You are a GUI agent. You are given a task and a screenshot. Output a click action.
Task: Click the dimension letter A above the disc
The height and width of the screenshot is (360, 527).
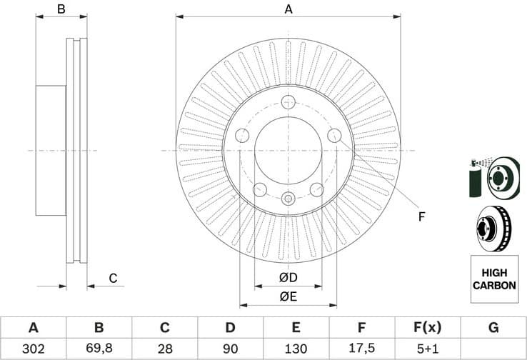[288, 9]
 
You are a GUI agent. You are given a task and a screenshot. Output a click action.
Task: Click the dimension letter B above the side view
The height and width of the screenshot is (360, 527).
[61, 9]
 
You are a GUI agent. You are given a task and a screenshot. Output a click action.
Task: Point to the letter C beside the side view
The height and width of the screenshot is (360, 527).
[112, 278]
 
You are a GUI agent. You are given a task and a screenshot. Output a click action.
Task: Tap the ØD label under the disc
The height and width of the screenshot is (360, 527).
[288, 277]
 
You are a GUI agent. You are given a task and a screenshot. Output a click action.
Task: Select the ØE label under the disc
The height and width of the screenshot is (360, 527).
[288, 296]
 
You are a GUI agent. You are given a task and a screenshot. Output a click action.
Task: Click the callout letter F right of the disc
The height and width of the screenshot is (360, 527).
[421, 216]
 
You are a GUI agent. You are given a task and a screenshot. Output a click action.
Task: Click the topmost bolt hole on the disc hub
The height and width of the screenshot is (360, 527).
[288, 101]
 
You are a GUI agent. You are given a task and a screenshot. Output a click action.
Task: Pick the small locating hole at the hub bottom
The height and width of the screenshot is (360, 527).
[288, 199]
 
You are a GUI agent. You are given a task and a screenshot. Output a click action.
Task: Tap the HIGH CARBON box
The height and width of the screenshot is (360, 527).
[493, 279]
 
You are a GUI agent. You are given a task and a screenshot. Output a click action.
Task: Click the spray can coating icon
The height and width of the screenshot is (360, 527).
[476, 176]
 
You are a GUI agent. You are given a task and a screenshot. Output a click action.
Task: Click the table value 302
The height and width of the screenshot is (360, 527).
[33, 349]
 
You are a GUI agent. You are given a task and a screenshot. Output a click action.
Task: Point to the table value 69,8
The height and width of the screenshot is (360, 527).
[99, 349]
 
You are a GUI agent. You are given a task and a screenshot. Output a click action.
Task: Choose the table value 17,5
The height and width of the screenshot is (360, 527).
[362, 349]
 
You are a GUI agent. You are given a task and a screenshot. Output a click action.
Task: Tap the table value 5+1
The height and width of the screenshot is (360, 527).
[428, 349]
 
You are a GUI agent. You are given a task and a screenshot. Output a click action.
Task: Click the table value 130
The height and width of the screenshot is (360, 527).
[296, 349]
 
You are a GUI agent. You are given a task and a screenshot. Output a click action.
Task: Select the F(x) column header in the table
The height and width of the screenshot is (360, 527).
[428, 328]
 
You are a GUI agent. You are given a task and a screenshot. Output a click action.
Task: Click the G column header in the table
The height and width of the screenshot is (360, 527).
[493, 328]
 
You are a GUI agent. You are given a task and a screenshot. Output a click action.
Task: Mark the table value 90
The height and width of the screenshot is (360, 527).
[230, 349]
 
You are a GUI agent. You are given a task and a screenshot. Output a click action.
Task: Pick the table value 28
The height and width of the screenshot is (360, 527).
[164, 349]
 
